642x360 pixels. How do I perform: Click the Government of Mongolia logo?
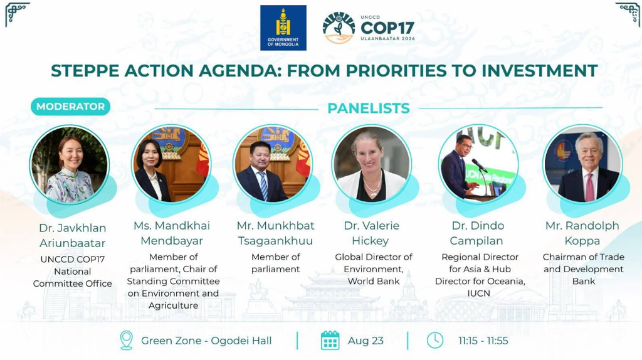pyautogui.click(x=283, y=28)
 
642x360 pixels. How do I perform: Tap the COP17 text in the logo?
pyautogui.click(x=387, y=28)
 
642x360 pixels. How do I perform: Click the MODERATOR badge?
pyautogui.click(x=70, y=107)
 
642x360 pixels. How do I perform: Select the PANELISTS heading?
pyautogui.click(x=369, y=108)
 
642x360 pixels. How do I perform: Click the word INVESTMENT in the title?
pyautogui.click(x=539, y=70)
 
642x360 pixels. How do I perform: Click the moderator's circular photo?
pyautogui.click(x=70, y=165)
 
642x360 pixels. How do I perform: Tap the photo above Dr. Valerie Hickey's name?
pyautogui.click(x=372, y=164)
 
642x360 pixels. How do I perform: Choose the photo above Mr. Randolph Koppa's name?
pyautogui.click(x=582, y=164)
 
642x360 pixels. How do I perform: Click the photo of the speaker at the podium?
pyautogui.click(x=478, y=164)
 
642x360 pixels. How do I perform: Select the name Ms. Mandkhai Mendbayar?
pyautogui.click(x=172, y=233)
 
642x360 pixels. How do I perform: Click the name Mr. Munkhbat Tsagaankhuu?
pyautogui.click(x=276, y=233)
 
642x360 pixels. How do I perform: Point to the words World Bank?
pyautogui.click(x=374, y=282)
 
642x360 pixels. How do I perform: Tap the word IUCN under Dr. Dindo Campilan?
pyautogui.click(x=478, y=294)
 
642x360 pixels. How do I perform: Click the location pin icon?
pyautogui.click(x=127, y=341)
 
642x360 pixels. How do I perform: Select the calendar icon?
pyautogui.click(x=330, y=341)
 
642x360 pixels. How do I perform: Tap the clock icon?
pyautogui.click(x=435, y=341)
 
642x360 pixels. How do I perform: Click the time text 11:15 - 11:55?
pyautogui.click(x=483, y=341)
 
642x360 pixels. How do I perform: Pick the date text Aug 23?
pyautogui.click(x=366, y=341)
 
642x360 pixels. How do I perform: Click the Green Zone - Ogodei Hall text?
pyautogui.click(x=206, y=341)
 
